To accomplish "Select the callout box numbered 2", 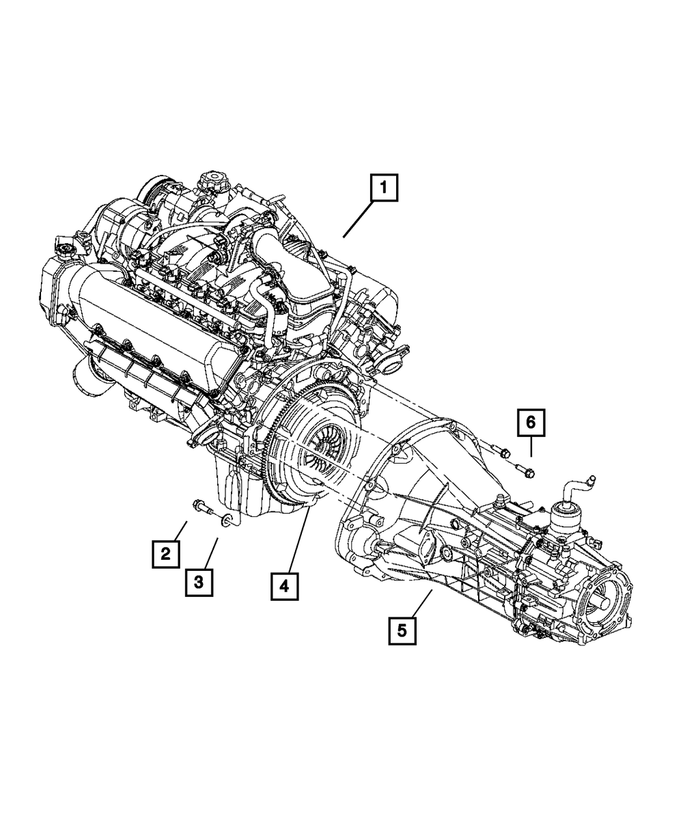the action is click(x=165, y=554).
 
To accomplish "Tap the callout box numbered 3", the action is click(x=197, y=582).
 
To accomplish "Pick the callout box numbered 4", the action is click(x=284, y=585).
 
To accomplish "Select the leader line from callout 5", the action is click(x=422, y=602).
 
